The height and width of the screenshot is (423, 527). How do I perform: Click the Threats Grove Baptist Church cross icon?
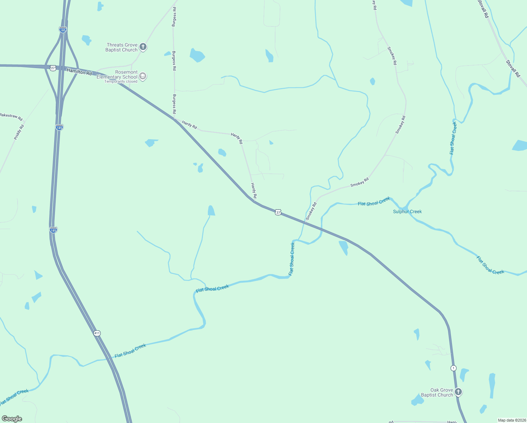[x=143, y=47]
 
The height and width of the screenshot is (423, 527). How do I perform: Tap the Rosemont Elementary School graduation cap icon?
[x=143, y=76]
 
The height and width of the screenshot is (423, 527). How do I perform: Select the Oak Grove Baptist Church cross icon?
[x=458, y=392]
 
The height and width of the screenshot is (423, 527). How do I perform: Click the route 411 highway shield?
[x=97, y=333]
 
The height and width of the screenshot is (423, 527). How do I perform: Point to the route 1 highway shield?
[x=453, y=368]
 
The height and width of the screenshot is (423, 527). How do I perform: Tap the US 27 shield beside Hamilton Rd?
[x=53, y=68]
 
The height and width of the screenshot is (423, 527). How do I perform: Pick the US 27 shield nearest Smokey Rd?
[x=278, y=212]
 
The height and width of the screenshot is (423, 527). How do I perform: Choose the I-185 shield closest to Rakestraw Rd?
[x=59, y=127]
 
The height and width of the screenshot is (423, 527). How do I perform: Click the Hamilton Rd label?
[x=79, y=72]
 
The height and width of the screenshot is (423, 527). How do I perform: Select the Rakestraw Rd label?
[x=11, y=117]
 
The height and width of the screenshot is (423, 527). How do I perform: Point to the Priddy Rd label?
[x=19, y=132]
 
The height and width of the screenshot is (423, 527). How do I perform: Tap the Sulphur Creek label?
[x=407, y=211]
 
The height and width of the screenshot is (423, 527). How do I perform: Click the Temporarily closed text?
[x=121, y=82]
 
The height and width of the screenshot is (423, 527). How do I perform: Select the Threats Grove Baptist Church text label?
[x=122, y=47]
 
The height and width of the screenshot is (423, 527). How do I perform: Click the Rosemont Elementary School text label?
[x=117, y=74]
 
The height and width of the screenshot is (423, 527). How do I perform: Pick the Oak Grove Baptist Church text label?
[x=437, y=392]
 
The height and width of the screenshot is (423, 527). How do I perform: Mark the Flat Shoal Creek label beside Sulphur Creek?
[x=374, y=202]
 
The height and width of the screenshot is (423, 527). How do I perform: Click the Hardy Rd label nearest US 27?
[x=254, y=190]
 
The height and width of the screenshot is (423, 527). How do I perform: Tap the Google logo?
[x=12, y=418]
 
